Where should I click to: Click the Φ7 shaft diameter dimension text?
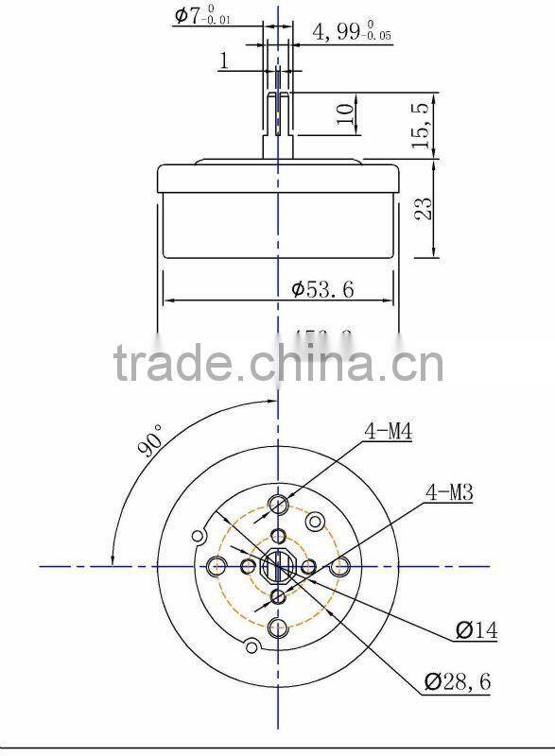coord(201,16)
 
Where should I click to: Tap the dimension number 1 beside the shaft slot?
coord(223,61)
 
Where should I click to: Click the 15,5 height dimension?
coord(423,125)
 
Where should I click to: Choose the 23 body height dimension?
coord(424,207)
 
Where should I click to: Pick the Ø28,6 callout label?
coord(458,679)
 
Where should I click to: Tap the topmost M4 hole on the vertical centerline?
coord(278,503)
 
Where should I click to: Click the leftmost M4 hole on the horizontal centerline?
coord(216,566)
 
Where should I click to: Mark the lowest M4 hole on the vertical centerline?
coord(278,628)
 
